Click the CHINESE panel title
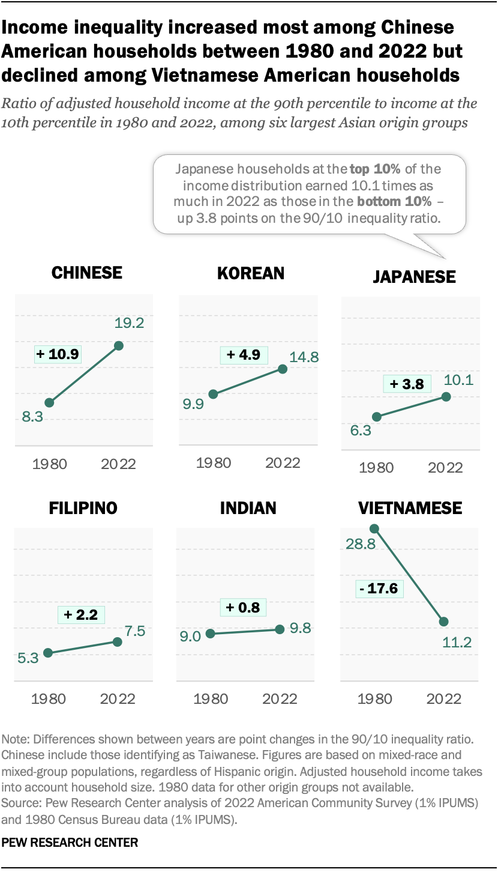pos(87,273)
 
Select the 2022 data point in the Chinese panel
pos(119,345)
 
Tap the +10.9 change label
pos(58,354)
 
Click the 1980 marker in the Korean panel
pos(213,394)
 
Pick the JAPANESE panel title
pos(414,277)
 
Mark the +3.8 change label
pos(407,384)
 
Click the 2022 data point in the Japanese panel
pos(446,396)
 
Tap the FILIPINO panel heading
pos(83,508)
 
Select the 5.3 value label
pos(28,658)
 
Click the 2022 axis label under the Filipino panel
pos(117,698)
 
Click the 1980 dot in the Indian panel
pos(210,633)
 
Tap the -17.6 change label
pos(379,588)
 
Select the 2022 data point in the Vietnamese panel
pos(443,622)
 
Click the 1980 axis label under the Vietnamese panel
pos(375,698)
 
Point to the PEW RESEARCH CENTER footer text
pos(70,843)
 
